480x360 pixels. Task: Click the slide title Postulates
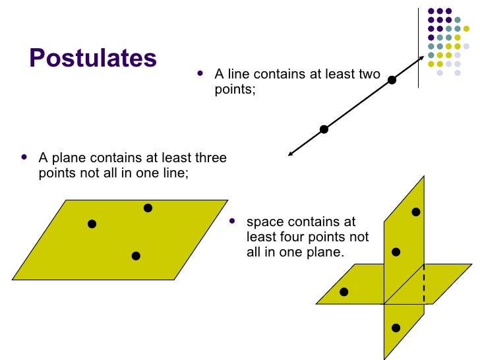[x=93, y=59]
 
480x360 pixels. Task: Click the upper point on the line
[x=392, y=80]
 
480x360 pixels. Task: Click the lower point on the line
[x=324, y=129]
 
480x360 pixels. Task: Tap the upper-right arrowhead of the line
[x=422, y=59]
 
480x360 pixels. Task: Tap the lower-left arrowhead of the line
[x=290, y=155]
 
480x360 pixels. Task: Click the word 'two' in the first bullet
[x=369, y=75]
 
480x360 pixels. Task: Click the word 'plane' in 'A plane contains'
[x=67, y=158]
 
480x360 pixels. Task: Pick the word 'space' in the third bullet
[x=262, y=222]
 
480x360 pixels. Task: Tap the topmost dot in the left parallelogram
[x=148, y=208]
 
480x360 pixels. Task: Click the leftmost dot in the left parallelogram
[x=92, y=224]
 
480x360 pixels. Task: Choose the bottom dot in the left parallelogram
[x=136, y=256]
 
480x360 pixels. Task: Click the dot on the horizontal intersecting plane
[x=344, y=292]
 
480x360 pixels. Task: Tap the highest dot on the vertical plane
[x=416, y=212]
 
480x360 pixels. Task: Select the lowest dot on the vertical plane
[x=396, y=328]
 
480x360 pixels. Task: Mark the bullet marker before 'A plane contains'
[x=24, y=158]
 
